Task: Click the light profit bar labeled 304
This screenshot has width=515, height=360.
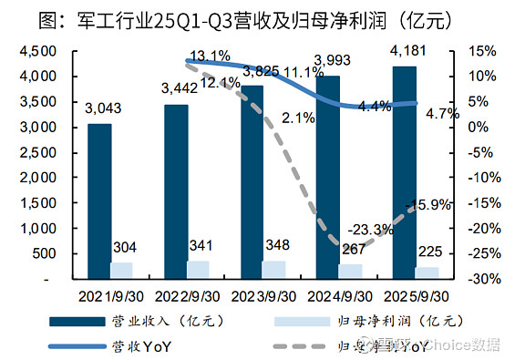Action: click(x=121, y=270)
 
